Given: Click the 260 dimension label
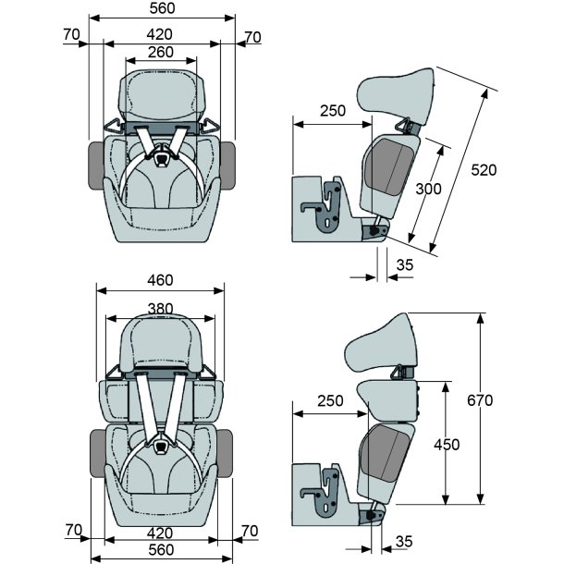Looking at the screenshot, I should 161,53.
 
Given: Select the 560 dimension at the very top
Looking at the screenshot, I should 162,9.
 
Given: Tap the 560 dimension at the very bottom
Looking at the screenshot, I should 162,550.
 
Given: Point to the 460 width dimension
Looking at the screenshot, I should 161,278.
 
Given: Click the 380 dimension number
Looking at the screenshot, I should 161,310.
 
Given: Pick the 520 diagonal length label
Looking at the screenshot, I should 483,170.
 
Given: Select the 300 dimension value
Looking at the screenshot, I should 428,189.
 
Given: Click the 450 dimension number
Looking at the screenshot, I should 446,445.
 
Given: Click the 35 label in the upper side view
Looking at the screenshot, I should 404,265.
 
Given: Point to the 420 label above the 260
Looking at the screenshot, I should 161,35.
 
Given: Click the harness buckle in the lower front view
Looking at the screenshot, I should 162,446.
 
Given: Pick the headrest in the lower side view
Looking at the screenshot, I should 379,346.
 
